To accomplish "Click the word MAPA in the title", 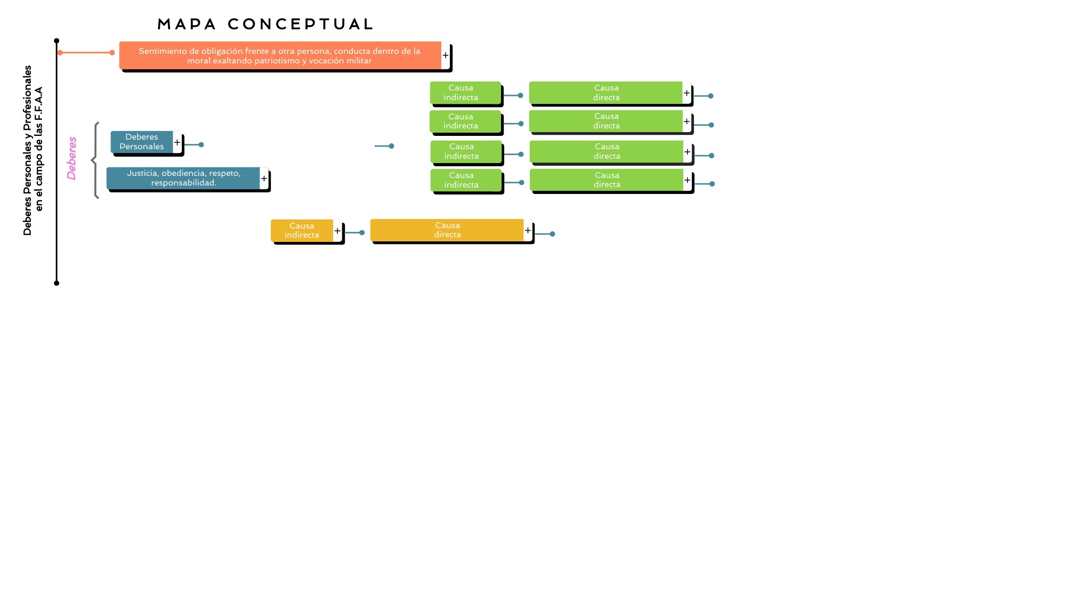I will [x=187, y=25].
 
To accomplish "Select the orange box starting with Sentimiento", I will [x=280, y=55].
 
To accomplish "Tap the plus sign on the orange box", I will [x=446, y=55].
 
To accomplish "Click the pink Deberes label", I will [x=72, y=158].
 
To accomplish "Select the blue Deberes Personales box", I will [x=142, y=142].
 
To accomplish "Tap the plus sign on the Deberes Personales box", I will [x=177, y=142].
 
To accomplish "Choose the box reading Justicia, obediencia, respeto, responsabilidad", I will [x=183, y=178].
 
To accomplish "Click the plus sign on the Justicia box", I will [x=264, y=179].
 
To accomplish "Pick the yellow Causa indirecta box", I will [x=302, y=230].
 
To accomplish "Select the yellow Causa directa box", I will [x=447, y=230].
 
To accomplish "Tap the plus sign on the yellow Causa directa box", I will [x=528, y=230].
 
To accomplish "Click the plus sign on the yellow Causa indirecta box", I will [x=337, y=231].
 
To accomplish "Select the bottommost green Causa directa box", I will [x=607, y=180].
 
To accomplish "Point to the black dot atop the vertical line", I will [x=56, y=41].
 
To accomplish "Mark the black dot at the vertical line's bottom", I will [x=56, y=283].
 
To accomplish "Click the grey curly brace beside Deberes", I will [x=95, y=160].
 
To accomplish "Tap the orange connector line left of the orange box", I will [x=86, y=53].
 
